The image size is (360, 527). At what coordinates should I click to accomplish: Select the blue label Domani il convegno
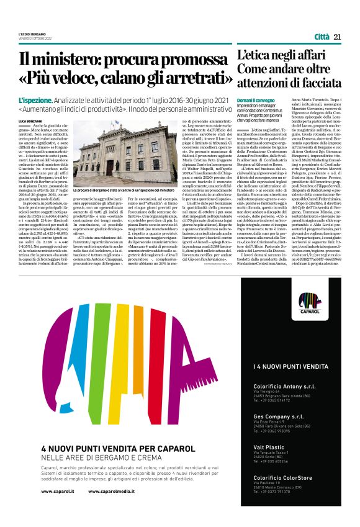pos(256,100)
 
